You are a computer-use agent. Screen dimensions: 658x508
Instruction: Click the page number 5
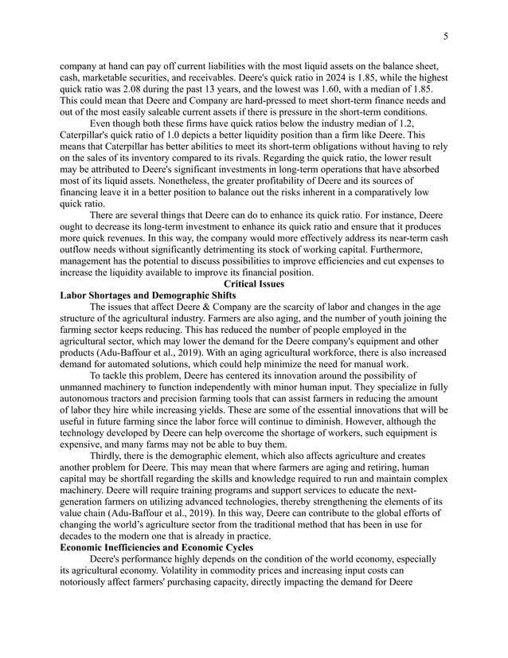[445, 36]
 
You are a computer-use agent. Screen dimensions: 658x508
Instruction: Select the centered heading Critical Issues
[254, 284]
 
